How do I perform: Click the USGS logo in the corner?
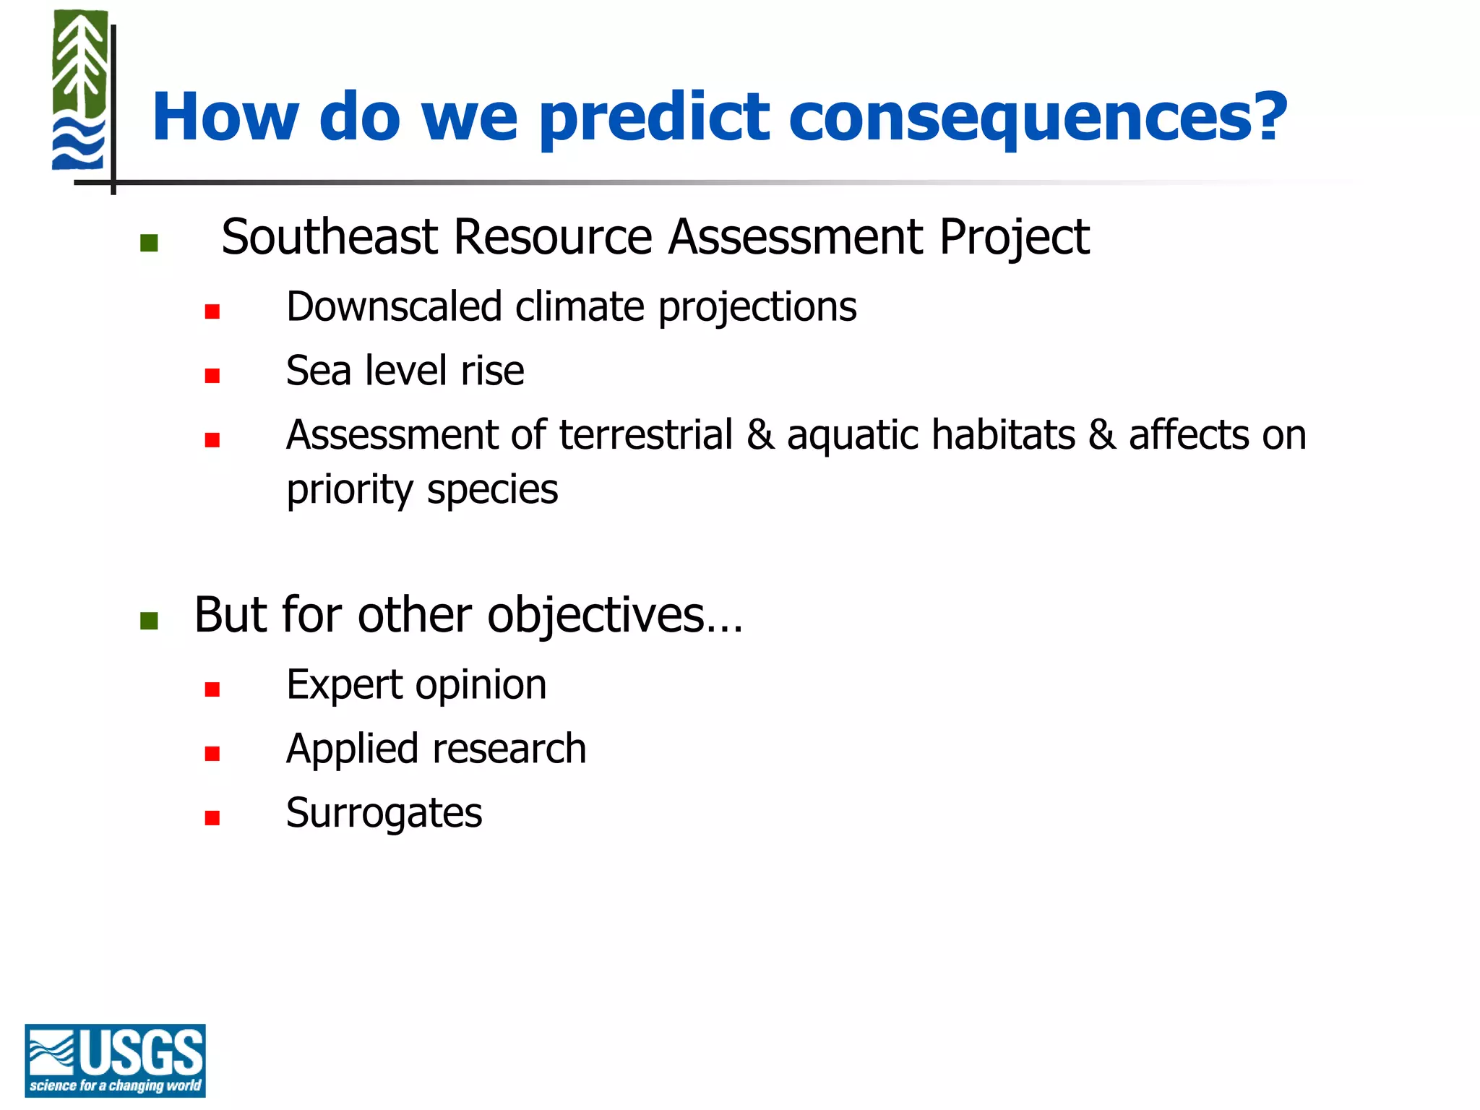coord(115,1059)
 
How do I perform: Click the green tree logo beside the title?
coord(79,90)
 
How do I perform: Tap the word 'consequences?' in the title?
coord(1037,118)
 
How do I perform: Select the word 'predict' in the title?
coord(654,118)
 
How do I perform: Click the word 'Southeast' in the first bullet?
coord(329,237)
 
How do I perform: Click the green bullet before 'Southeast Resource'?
coord(149,243)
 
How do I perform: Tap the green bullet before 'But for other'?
coord(149,621)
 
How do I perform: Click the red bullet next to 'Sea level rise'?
coord(212,376)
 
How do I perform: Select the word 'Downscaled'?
coord(394,306)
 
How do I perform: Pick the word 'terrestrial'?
coord(645,435)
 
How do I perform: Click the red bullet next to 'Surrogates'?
coord(212,818)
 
